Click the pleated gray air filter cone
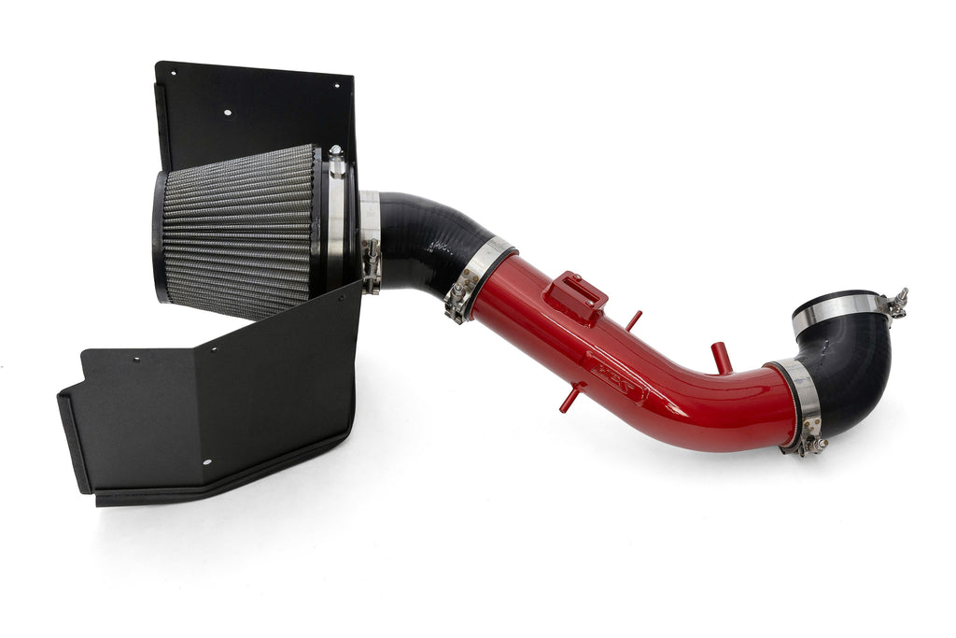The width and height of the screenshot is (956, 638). (x=238, y=231)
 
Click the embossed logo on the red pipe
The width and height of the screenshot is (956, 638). (x=616, y=378)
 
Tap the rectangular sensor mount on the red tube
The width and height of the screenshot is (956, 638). (x=574, y=296)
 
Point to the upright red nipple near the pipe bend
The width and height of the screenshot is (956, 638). (x=720, y=357)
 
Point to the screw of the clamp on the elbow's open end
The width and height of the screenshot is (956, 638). (x=898, y=302)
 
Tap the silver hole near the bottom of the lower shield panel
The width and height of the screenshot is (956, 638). (x=206, y=461)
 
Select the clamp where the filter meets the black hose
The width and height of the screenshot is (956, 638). (x=370, y=238)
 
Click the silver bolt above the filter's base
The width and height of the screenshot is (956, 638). (x=336, y=161)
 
